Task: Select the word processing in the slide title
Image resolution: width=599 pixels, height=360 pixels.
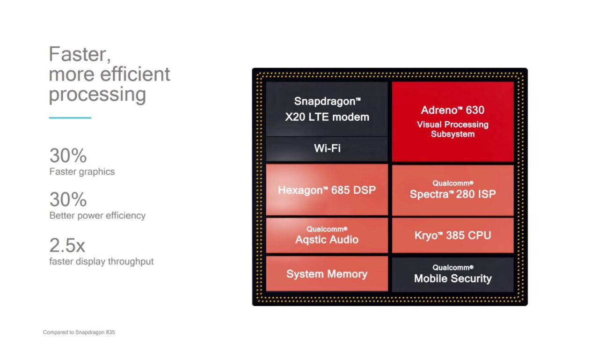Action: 97,95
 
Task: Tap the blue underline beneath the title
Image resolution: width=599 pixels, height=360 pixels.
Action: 70,118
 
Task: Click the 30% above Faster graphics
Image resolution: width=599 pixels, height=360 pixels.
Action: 68,155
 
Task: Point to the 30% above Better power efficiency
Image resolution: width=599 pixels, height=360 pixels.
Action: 68,199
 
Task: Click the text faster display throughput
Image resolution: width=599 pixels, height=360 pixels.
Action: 102,261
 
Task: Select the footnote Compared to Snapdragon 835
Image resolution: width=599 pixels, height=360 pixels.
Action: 79,332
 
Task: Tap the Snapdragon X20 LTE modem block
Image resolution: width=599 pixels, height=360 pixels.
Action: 327,109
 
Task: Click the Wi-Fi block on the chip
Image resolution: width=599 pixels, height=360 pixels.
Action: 327,149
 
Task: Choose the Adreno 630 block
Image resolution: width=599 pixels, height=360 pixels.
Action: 453,122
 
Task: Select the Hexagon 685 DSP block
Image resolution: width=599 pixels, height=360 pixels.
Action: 327,190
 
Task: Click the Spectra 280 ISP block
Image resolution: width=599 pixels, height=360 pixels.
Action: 453,190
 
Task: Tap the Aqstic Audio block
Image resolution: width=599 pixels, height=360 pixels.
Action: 327,235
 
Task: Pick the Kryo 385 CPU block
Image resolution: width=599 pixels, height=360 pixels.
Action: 453,235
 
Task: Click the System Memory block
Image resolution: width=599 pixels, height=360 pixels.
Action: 327,274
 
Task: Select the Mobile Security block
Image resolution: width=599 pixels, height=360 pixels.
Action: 453,274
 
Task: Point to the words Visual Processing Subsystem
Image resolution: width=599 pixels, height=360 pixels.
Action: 453,129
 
